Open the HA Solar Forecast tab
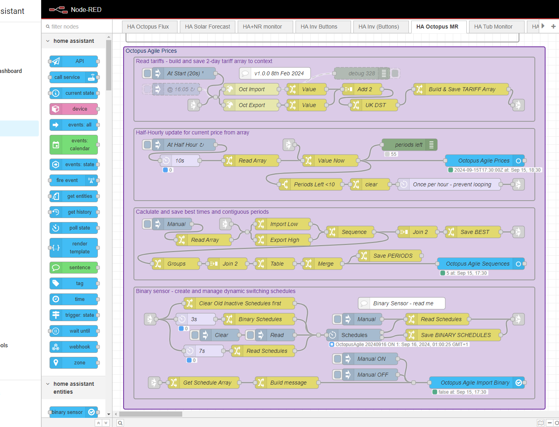[207, 27]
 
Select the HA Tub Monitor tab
[493, 27]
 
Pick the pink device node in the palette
[74, 109]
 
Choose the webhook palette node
[74, 347]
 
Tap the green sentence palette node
[74, 268]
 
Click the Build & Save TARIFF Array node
[462, 89]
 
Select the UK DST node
[375, 105]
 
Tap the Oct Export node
[252, 105]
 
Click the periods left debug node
[408, 145]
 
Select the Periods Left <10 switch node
[311, 184]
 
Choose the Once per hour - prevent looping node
[452, 184]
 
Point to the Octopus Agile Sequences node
[477, 264]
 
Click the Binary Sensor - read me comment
[403, 303]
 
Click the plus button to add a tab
[553, 27]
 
